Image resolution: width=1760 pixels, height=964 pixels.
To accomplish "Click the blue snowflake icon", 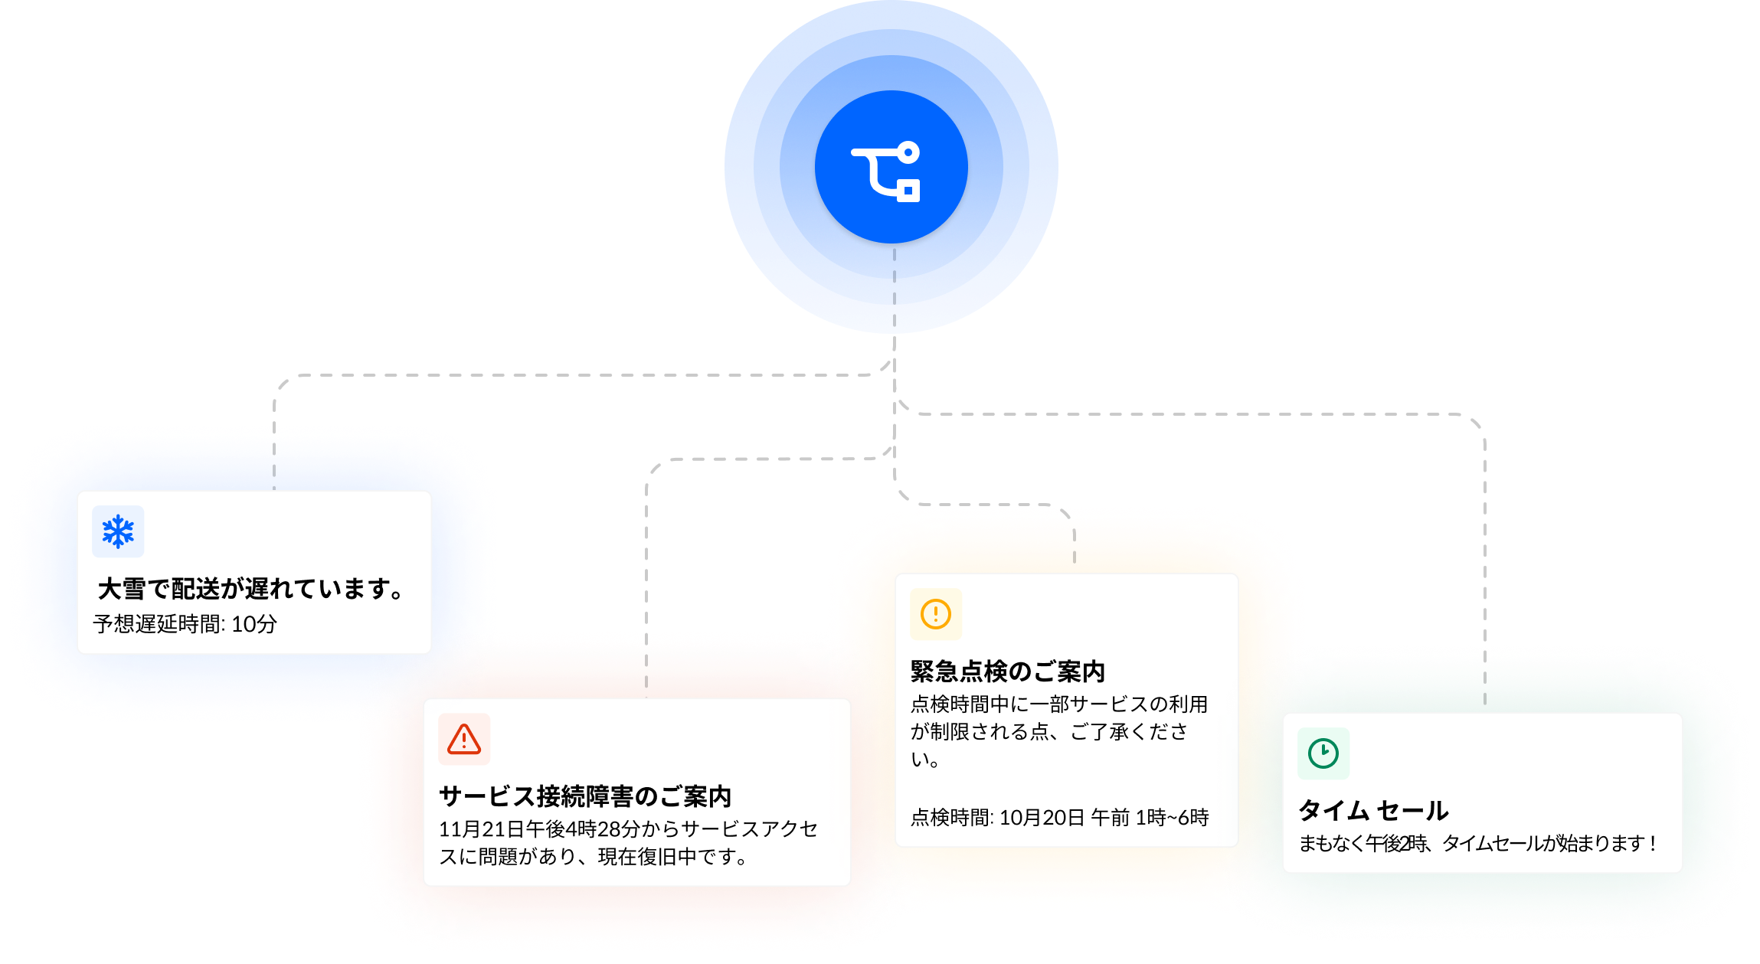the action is [118, 531].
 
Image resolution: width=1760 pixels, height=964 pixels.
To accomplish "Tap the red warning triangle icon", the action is [464, 739].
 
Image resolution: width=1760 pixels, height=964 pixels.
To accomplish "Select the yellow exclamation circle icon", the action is [936, 614].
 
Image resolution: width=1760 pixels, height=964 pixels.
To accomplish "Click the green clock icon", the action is [1323, 753].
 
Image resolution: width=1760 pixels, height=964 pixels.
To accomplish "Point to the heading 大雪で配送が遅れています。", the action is [250, 589].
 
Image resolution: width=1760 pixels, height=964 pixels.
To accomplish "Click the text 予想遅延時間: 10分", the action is [185, 624].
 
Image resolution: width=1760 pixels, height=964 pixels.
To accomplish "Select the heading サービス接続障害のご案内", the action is [585, 796].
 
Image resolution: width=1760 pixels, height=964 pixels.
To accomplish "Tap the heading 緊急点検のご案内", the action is [1008, 672].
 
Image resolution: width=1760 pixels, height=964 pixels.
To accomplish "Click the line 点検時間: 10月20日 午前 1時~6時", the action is [1060, 818].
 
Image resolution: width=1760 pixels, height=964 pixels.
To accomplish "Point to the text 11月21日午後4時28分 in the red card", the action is [539, 829].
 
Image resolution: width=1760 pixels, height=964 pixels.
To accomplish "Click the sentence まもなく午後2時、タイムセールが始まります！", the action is [1479, 844].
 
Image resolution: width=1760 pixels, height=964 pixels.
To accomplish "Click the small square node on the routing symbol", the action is [908, 191].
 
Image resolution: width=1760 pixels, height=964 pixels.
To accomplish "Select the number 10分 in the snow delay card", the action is [254, 624].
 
